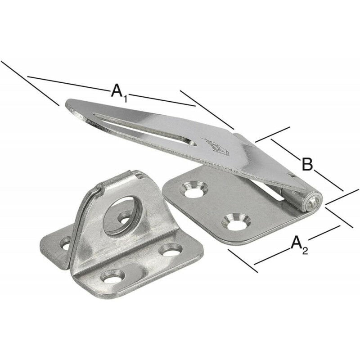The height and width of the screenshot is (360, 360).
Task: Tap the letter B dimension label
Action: pos(306,165)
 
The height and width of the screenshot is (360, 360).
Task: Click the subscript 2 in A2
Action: pos(305,250)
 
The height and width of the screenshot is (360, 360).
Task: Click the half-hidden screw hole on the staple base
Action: pos(65,243)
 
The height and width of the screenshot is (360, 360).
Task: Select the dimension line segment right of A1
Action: pos(162,99)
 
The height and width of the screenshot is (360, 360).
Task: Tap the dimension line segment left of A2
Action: pos(272,256)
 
